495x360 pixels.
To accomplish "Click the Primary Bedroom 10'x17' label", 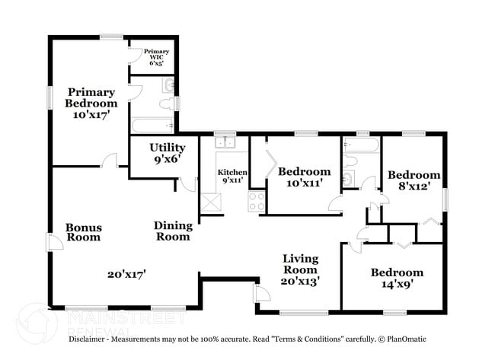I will pos(91,104).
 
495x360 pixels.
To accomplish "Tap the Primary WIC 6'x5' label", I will pos(156,58).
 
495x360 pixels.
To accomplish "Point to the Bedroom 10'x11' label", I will pos(304,177).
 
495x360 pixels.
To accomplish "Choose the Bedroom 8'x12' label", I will pos(414,180).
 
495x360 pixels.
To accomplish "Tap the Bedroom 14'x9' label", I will pos(397,279).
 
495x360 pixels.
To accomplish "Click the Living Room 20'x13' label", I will pos(301,269).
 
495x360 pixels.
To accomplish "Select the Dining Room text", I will pos(173,231).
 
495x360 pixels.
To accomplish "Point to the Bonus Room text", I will pos(83,232).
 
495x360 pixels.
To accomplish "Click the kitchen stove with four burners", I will pos(256,202).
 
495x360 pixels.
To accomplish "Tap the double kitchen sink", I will pos(225,141).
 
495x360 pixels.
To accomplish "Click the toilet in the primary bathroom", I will pos(167,104).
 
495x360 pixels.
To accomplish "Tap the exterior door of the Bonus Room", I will pos(53,242).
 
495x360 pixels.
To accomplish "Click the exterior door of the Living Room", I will pos(261,295).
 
